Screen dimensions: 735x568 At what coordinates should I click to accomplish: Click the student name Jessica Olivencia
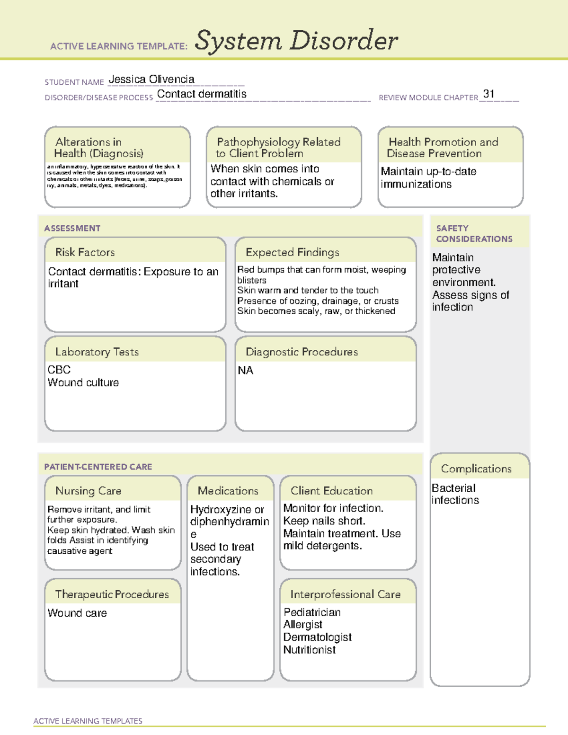tap(151, 80)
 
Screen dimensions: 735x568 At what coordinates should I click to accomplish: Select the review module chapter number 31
tap(488, 94)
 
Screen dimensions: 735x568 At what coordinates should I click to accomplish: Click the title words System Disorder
tap(296, 41)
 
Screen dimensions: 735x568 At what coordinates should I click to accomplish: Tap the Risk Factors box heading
tap(85, 252)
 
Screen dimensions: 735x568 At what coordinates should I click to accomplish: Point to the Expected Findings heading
tap(292, 252)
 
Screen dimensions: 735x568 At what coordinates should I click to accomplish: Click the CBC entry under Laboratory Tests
tap(59, 370)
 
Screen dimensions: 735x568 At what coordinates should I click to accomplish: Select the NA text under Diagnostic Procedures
tap(245, 371)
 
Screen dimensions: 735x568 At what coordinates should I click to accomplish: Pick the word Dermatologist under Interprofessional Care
tap(317, 638)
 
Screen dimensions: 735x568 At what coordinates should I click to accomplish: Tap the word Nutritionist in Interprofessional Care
tap(309, 650)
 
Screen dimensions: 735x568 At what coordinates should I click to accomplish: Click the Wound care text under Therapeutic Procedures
tap(77, 613)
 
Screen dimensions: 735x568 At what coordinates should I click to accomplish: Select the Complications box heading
tap(476, 469)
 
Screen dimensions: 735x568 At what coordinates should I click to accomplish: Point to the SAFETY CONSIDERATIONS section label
tap(474, 234)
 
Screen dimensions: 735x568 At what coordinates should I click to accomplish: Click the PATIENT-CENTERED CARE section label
tap(98, 467)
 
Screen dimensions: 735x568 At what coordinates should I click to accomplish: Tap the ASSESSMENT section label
tap(72, 228)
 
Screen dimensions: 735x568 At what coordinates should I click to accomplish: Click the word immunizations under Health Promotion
tap(416, 184)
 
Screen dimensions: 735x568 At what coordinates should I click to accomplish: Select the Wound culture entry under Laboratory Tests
tap(83, 382)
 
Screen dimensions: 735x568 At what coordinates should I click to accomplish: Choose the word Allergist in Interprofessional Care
tap(302, 625)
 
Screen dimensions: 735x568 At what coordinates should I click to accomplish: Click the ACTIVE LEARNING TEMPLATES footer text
tap(88, 721)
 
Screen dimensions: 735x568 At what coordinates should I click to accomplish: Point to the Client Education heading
tap(331, 491)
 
